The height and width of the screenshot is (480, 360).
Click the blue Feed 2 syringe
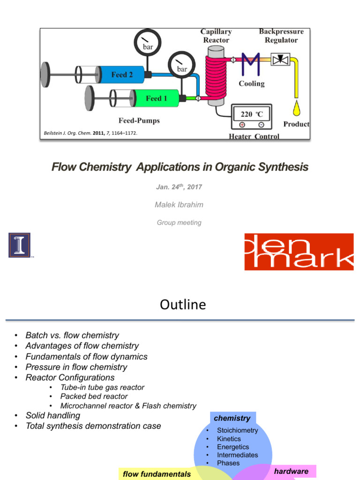121,75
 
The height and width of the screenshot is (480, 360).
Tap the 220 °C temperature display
252,114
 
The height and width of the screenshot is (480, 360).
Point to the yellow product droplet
296,109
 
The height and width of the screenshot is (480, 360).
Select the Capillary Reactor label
216,36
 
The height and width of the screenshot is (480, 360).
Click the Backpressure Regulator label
281,36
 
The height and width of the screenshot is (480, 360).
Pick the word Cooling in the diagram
252,83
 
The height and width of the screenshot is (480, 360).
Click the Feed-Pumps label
139,120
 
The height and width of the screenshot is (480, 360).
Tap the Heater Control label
254,136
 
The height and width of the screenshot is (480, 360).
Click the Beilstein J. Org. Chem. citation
90,134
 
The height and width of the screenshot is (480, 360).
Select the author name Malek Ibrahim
179,205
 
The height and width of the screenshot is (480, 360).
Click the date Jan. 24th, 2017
179,187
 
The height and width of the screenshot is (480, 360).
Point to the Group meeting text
179,223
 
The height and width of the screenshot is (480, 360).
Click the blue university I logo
19,245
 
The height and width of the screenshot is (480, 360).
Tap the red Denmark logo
299,252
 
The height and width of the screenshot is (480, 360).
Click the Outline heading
182,305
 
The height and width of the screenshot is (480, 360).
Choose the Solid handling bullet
52,415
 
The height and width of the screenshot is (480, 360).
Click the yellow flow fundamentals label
157,474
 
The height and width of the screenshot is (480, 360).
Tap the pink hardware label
291,472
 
